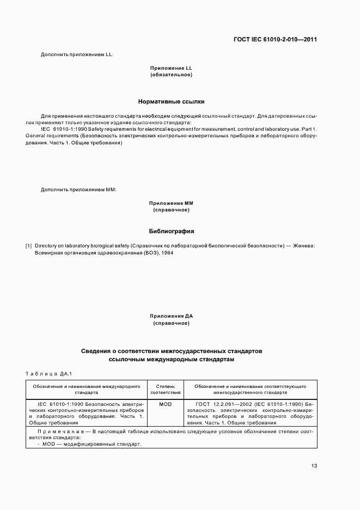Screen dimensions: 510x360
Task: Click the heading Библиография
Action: point(172,231)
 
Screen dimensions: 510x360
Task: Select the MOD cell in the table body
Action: point(166,404)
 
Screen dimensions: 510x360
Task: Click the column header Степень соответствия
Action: point(166,388)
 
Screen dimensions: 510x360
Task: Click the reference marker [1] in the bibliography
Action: point(29,246)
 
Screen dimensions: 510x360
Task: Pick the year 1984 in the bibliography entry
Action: point(167,253)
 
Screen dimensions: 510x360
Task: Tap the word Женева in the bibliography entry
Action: point(303,246)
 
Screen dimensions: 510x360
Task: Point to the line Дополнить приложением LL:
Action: point(77,54)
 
